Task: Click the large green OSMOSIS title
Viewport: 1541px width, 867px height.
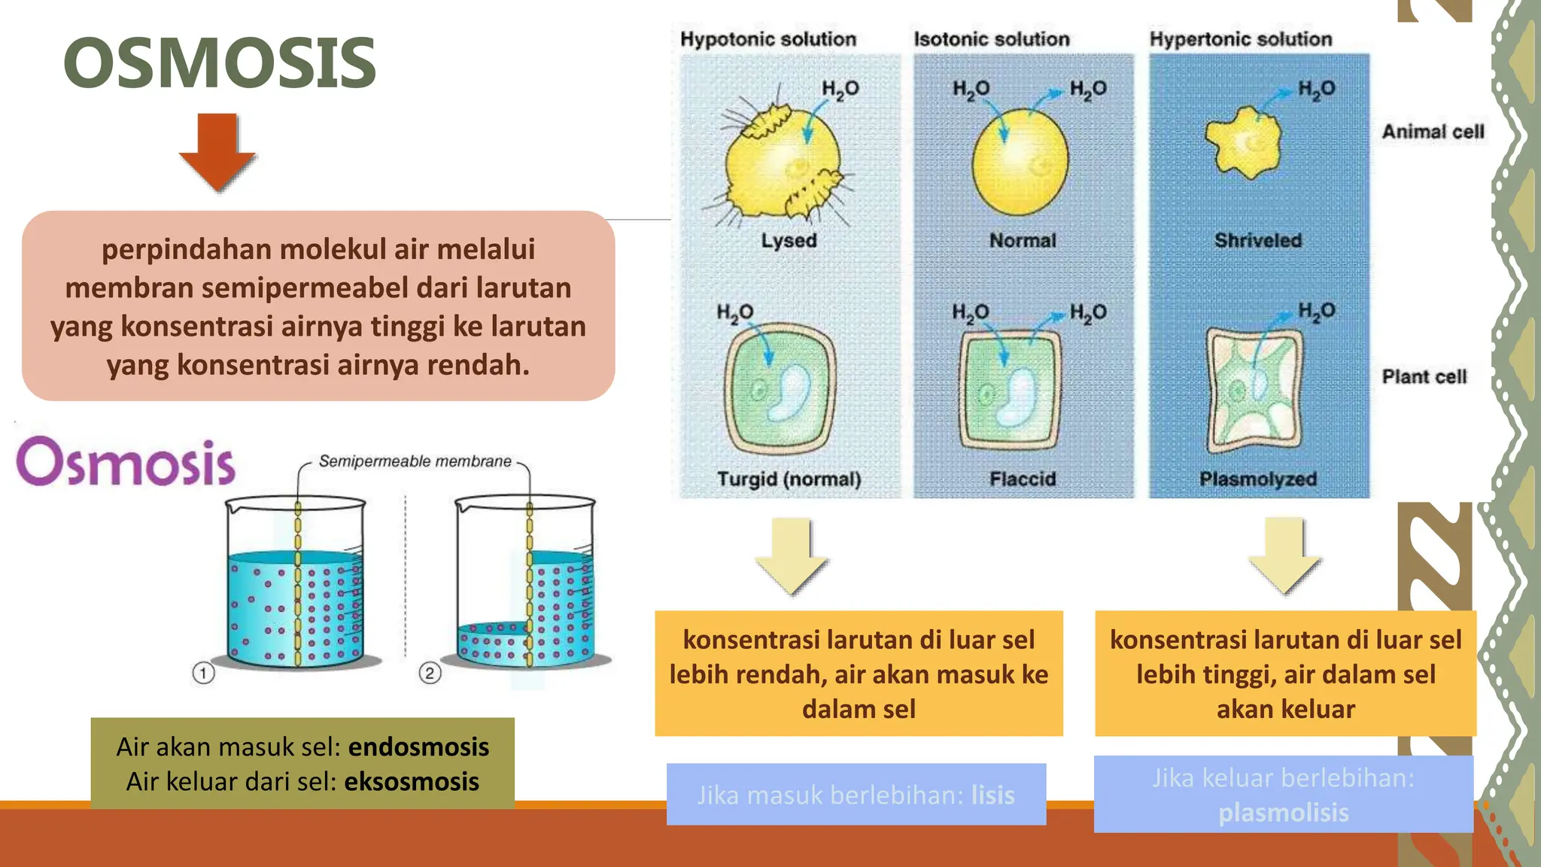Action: tap(220, 63)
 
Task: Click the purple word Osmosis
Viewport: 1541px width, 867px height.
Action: tap(126, 461)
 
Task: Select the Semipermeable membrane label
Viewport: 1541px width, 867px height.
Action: tap(415, 461)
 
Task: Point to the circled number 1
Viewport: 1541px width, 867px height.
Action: tap(203, 673)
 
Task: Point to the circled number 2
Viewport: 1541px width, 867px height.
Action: tap(430, 673)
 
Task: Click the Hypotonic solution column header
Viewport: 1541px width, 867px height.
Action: tap(768, 39)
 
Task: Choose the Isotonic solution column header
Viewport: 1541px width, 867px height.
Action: tap(991, 39)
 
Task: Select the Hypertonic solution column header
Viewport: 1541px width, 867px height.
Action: tap(1240, 39)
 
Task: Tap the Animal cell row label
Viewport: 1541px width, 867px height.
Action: tap(1433, 132)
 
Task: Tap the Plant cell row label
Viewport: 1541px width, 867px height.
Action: tap(1424, 376)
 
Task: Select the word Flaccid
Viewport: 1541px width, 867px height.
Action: tap(1023, 479)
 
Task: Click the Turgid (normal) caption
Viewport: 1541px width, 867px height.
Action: tap(789, 479)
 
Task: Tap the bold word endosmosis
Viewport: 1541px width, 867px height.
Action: tap(418, 747)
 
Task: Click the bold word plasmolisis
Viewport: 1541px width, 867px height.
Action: tap(1284, 813)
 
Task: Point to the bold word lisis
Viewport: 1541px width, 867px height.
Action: tap(992, 796)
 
